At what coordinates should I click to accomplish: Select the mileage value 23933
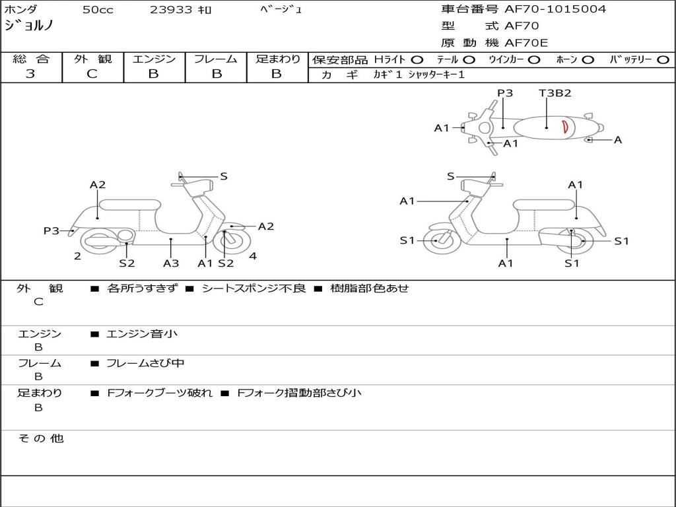pyautogui.click(x=171, y=10)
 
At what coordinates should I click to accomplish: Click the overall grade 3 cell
pyautogui.click(x=30, y=74)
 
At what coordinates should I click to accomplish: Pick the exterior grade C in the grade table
pyautogui.click(x=92, y=74)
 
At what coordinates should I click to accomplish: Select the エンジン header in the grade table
pyautogui.click(x=154, y=59)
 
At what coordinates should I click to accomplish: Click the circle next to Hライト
pyautogui.click(x=417, y=59)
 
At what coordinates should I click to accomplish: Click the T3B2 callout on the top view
pyautogui.click(x=555, y=93)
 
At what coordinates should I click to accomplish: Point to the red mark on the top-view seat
pyautogui.click(x=565, y=126)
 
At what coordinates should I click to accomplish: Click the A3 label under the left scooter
pyautogui.click(x=171, y=263)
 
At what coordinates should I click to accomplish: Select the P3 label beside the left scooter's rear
pyautogui.click(x=51, y=230)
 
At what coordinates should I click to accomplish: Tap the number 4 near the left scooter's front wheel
pyautogui.click(x=253, y=256)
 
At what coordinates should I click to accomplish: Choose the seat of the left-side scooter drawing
pyautogui.click(x=129, y=204)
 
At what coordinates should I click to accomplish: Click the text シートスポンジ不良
pyautogui.click(x=253, y=288)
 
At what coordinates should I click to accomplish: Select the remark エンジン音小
pyautogui.click(x=142, y=334)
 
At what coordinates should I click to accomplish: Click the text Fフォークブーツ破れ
pyautogui.click(x=160, y=393)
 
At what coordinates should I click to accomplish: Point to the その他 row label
pyautogui.click(x=40, y=438)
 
